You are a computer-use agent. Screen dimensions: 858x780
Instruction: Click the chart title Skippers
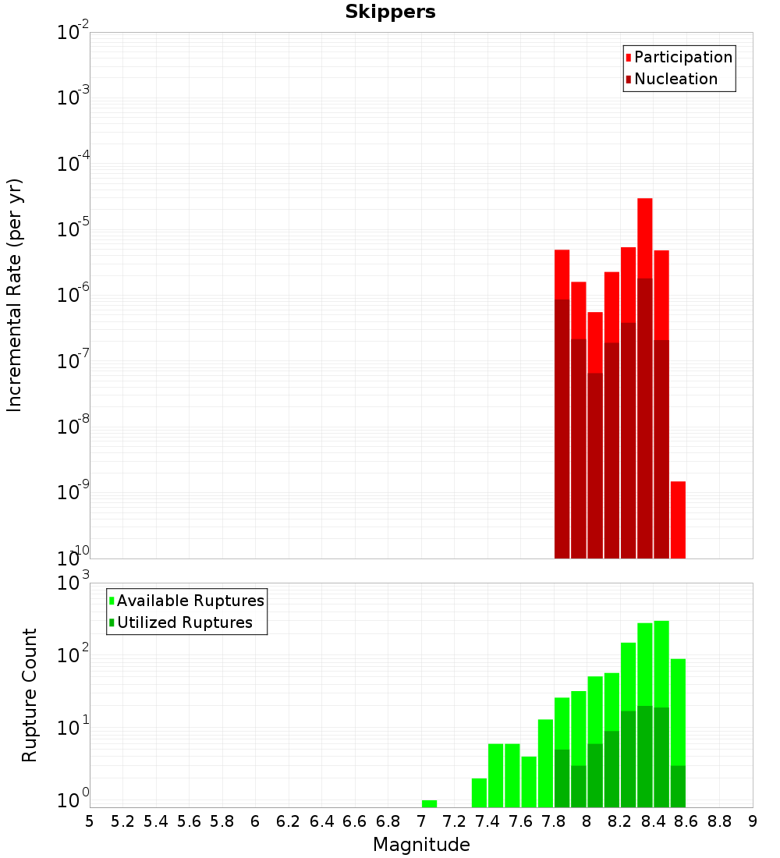click(x=390, y=12)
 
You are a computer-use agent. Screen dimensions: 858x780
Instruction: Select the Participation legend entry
click(x=682, y=58)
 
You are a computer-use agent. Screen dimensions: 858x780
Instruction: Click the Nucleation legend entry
click(x=675, y=80)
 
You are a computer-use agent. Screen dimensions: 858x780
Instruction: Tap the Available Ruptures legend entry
click(x=190, y=601)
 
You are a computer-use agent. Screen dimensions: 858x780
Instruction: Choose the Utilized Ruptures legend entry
click(x=184, y=623)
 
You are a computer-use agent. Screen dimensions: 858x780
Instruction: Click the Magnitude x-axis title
click(x=421, y=845)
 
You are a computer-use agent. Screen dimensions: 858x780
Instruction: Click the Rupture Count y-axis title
click(x=30, y=694)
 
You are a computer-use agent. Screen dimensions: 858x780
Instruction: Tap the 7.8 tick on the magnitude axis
click(x=554, y=821)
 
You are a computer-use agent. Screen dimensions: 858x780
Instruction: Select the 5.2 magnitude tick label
click(x=122, y=821)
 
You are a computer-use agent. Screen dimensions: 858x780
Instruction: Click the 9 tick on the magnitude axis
click(x=752, y=821)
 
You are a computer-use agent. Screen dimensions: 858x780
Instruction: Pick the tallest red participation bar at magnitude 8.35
click(x=644, y=234)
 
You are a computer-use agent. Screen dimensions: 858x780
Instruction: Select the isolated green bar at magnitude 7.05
click(x=429, y=803)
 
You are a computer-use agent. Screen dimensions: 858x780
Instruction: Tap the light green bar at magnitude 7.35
click(x=479, y=792)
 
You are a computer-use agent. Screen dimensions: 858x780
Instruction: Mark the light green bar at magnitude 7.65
click(x=529, y=782)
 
